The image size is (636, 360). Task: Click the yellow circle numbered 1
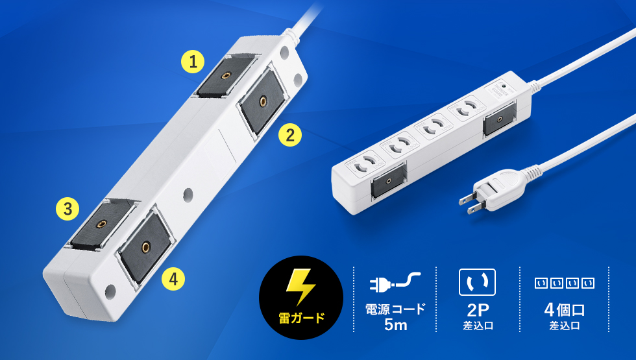coord(193,62)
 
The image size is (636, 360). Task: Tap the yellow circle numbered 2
coord(290,135)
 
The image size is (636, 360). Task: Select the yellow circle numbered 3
coord(67,209)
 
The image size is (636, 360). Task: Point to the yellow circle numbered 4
coord(173,279)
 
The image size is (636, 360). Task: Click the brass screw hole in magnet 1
coord(226,75)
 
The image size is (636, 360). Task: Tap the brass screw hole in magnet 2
coord(263,101)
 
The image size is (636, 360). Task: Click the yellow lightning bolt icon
coord(300,286)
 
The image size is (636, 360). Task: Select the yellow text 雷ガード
coord(301,318)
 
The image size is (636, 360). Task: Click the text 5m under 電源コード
coord(395,324)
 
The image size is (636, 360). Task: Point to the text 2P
coord(478,310)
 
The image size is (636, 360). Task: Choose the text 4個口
coord(564,310)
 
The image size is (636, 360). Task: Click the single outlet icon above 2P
coord(477,282)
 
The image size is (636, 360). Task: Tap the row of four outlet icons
coord(564,283)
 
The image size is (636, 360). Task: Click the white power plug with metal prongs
coord(495,190)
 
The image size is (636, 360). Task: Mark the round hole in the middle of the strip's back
coord(188,195)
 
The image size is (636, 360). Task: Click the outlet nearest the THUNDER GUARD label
coord(466,108)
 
